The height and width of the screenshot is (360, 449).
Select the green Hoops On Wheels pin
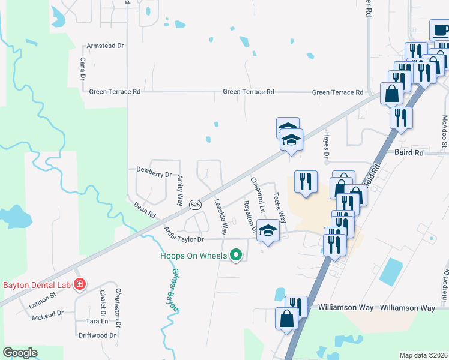point(236,256)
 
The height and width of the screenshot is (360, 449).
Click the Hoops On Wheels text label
point(193,256)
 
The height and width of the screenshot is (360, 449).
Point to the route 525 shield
point(195,205)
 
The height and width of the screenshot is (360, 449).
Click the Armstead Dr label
point(105,46)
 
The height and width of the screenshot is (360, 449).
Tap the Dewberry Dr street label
point(154,175)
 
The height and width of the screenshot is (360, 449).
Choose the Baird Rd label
point(409,153)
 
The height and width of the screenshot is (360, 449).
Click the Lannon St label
point(42,295)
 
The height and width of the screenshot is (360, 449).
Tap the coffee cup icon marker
point(439,30)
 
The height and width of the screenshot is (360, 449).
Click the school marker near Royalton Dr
point(268,230)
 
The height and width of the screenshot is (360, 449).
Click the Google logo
point(20,353)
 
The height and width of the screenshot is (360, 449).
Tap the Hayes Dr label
point(327,148)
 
